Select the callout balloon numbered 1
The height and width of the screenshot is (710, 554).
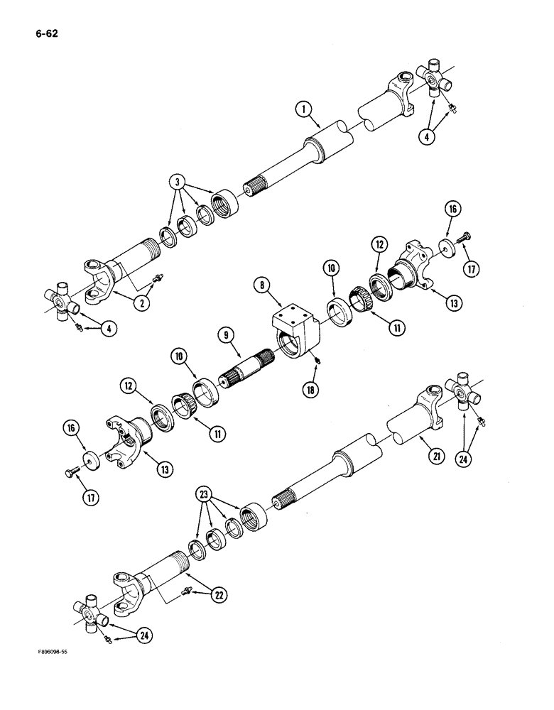pos(304,109)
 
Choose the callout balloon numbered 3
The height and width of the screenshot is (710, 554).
pos(178,181)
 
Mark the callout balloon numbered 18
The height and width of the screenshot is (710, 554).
pos(308,389)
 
